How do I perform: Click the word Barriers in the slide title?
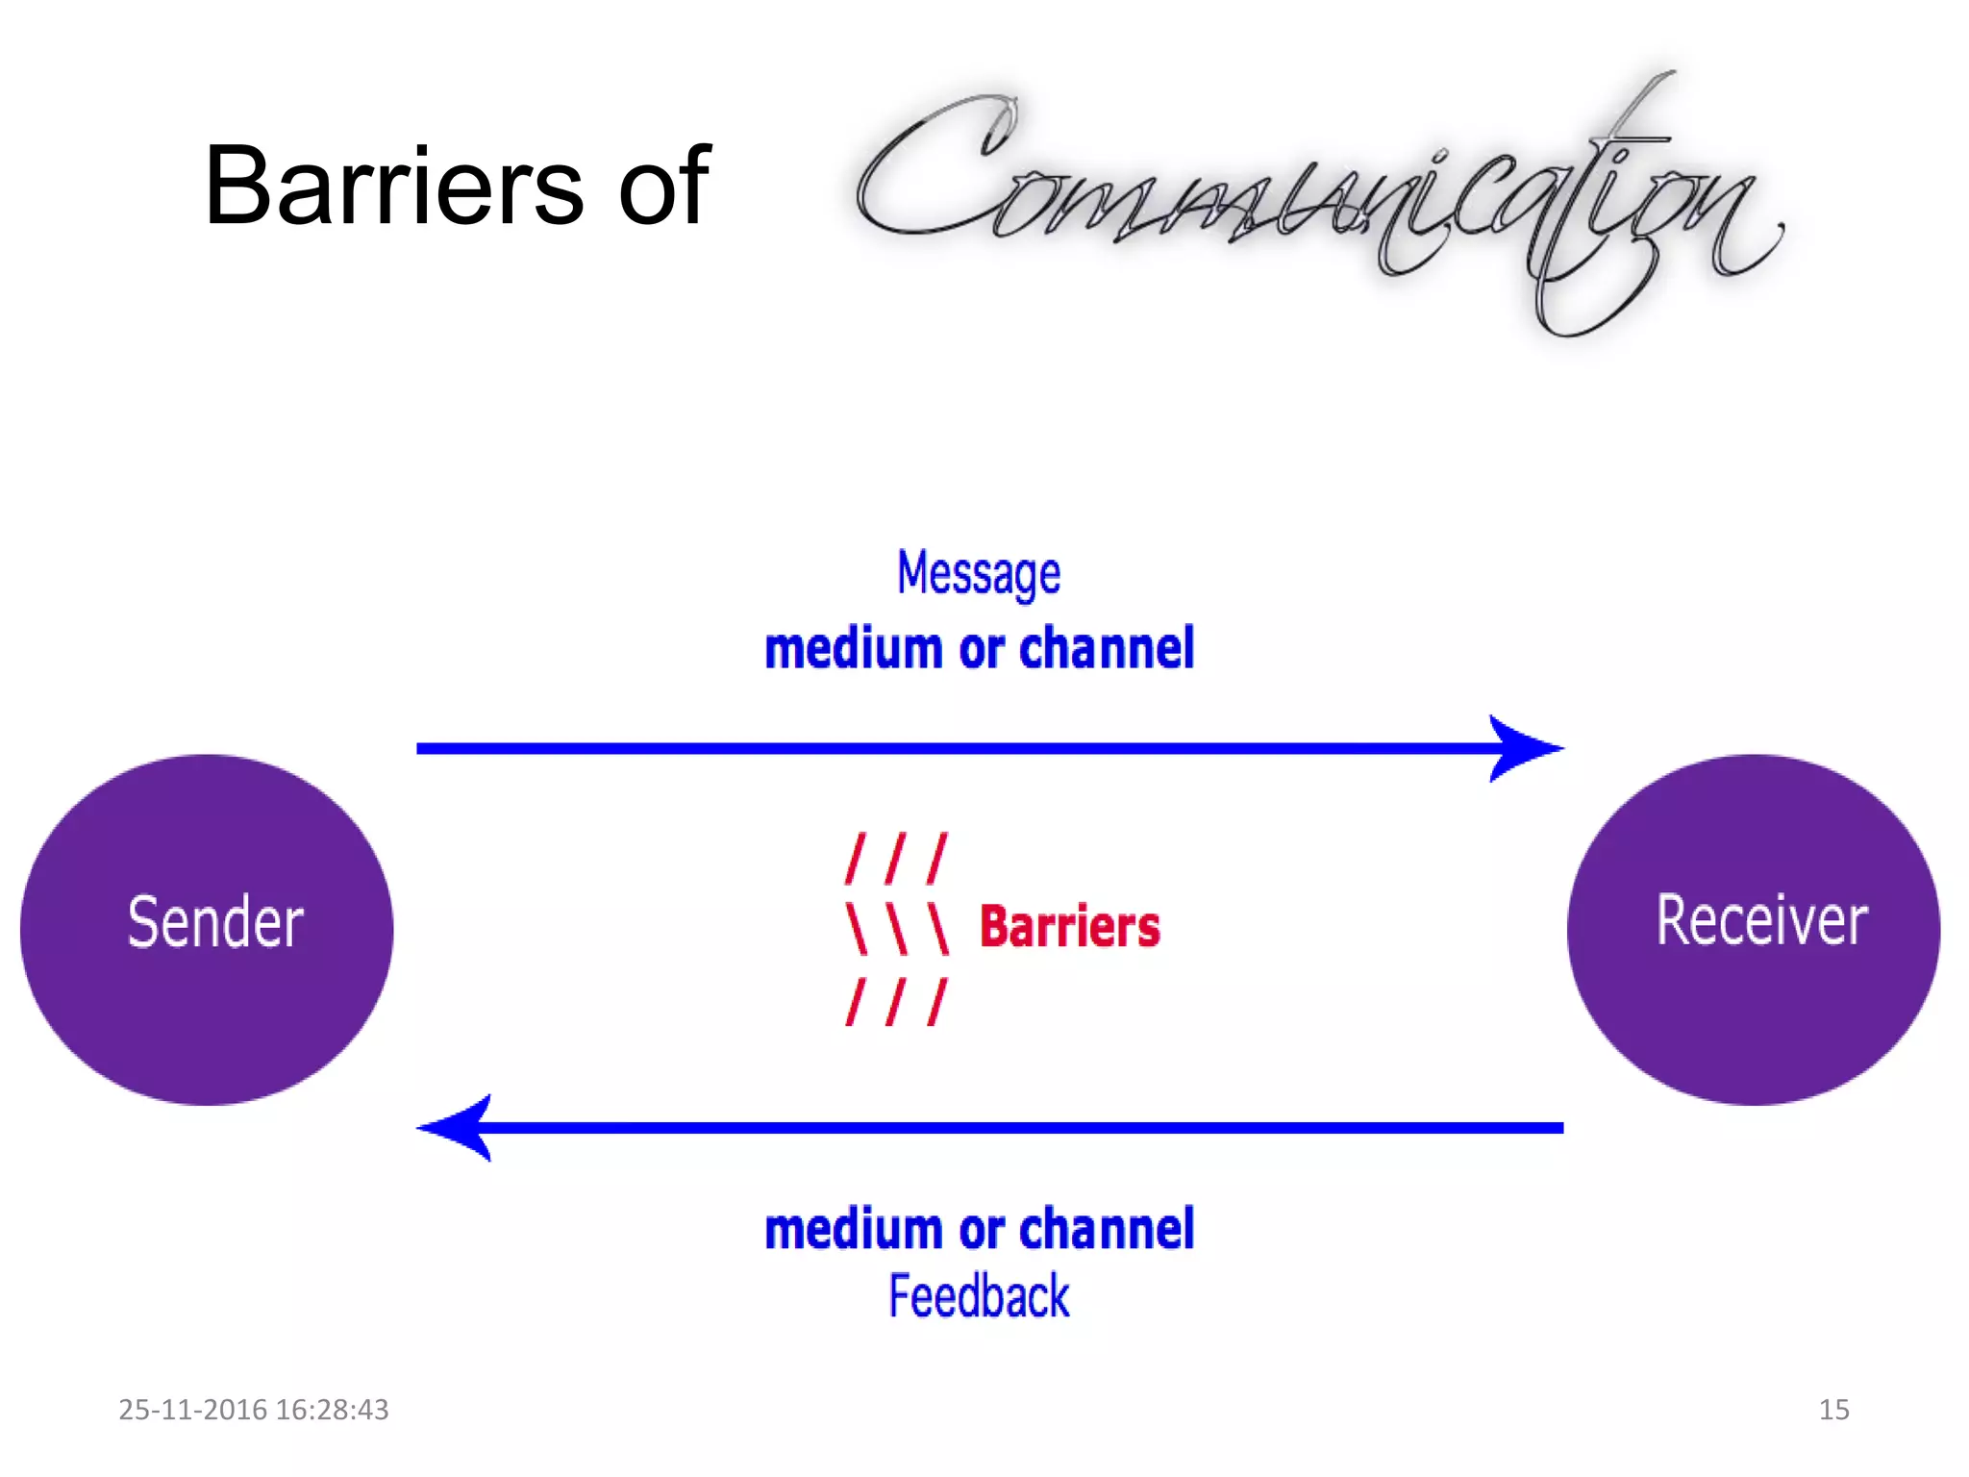394,186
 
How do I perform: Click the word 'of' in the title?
663,186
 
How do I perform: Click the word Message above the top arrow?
979,574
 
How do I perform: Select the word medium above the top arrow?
853,649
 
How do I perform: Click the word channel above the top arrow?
1107,649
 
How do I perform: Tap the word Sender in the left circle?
215,922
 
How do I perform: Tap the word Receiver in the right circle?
1761,920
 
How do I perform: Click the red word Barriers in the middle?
1069,927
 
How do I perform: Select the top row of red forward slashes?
896,859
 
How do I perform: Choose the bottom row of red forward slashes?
896,1001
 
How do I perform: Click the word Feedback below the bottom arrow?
979,1296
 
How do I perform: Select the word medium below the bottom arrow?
853,1230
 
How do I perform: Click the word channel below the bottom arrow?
1107,1230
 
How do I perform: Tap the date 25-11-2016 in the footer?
192,1410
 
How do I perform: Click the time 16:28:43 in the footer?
332,1410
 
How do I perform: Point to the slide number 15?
1833,1410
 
